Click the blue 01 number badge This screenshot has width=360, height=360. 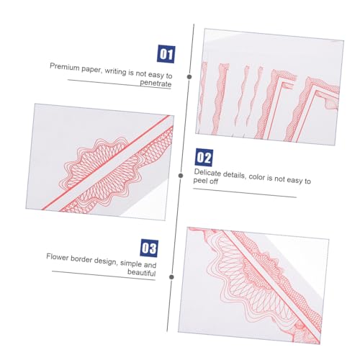(x=166, y=54)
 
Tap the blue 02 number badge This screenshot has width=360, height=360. (x=204, y=158)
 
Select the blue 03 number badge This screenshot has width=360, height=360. (x=149, y=248)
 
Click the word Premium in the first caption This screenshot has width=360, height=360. (x=65, y=67)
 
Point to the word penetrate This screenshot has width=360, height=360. (x=156, y=83)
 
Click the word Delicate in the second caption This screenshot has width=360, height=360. (x=207, y=173)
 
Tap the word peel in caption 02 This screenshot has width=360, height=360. (x=199, y=181)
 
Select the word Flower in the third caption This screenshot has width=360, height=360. (x=57, y=257)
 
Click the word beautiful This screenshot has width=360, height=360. (x=142, y=272)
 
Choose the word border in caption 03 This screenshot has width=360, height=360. (x=81, y=259)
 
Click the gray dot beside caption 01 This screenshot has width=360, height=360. (x=189, y=77)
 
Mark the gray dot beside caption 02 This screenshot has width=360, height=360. (x=181, y=176)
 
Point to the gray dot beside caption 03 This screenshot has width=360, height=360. (x=171, y=277)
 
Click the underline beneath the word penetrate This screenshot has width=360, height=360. (x=120, y=84)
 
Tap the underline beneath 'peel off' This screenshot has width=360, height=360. (x=245, y=193)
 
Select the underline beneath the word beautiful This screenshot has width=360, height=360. (x=104, y=276)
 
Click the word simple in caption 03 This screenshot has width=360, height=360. (x=131, y=264)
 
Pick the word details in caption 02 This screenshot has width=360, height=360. (x=234, y=175)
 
